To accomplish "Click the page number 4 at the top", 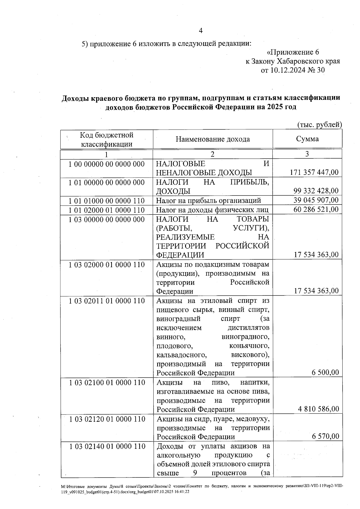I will (201, 31).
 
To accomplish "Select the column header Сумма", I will (307, 139).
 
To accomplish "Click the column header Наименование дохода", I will (213, 139).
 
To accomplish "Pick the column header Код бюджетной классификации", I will (106, 139).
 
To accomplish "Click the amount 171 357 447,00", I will (314, 172).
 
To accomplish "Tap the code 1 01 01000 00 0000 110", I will (106, 201).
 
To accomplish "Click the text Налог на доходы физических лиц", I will (212, 210).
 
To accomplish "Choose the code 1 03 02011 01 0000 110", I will (107, 301).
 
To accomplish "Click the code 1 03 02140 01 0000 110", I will (107, 446).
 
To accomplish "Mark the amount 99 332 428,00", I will (316, 191).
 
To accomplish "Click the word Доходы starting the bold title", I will (74, 98).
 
